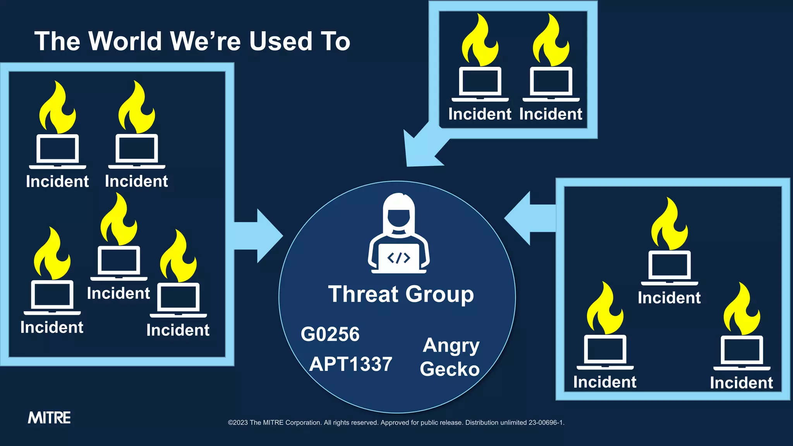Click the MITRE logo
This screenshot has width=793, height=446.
pos(49,418)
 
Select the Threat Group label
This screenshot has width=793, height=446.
pos(401,294)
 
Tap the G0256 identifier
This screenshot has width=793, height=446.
pos(330,334)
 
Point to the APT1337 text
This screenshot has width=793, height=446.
pos(351,364)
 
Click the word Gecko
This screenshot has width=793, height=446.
pos(450,369)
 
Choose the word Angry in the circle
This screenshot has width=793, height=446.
pos(451,345)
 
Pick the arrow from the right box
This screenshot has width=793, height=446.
pos(527,218)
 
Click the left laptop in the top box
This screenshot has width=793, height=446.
pos(480,83)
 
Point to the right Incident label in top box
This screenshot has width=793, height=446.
pos(551,114)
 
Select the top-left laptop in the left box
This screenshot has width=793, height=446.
pos(58,150)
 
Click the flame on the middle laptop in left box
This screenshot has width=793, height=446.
pos(118,220)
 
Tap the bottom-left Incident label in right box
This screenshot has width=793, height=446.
pos(604,382)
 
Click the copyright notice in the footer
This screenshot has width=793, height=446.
pos(396,422)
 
